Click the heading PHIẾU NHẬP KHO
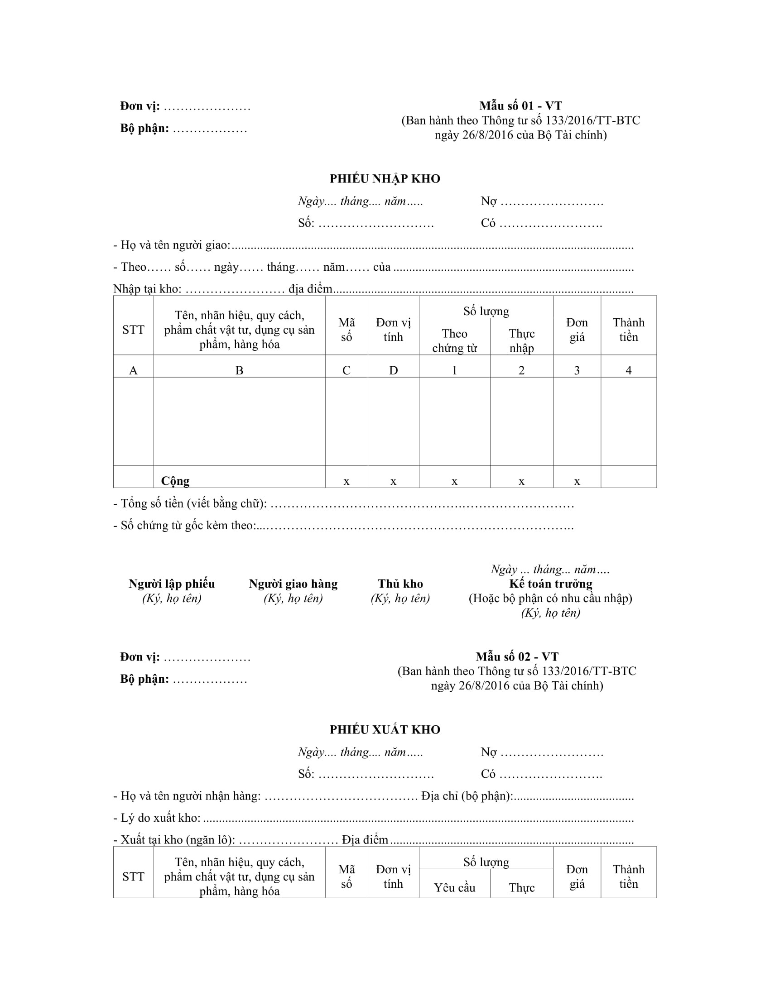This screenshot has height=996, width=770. click(385, 179)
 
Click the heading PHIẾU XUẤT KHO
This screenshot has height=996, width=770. click(385, 730)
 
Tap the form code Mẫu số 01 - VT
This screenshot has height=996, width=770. click(520, 106)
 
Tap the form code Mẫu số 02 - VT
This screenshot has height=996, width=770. click(517, 657)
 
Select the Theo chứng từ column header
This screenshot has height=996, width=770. click(454, 340)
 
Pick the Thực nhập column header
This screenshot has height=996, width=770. click(521, 340)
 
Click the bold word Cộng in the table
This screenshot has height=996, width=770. click(175, 481)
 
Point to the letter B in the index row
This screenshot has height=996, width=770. click(239, 370)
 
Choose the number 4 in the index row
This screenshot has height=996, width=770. click(628, 370)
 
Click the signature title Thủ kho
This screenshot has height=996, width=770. click(400, 584)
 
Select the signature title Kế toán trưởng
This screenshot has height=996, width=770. click(551, 584)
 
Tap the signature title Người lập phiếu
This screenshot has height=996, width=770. click(172, 584)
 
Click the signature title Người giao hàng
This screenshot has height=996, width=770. click(293, 584)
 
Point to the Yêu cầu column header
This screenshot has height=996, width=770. click(454, 887)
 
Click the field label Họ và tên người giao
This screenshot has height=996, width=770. click(175, 245)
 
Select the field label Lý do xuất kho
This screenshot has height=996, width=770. click(160, 818)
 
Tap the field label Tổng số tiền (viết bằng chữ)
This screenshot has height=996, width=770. click(193, 503)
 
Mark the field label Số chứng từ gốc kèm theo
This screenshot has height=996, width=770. click(188, 525)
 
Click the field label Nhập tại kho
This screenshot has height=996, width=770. click(147, 289)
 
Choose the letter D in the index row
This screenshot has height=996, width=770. click(393, 370)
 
